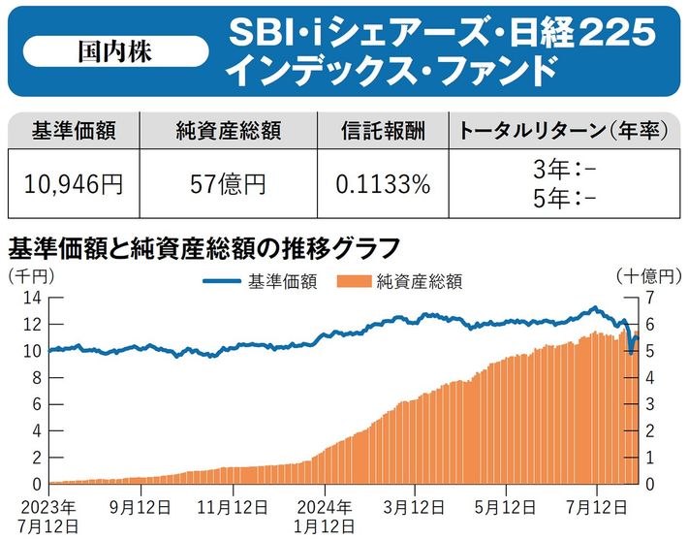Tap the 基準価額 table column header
pos(74,131)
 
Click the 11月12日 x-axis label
pos(235,507)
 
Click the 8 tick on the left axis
pos(34,378)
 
